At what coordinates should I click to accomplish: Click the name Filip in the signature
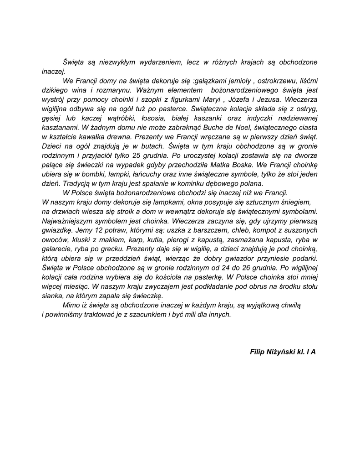[258, 352]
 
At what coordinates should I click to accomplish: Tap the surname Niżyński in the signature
[284, 352]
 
